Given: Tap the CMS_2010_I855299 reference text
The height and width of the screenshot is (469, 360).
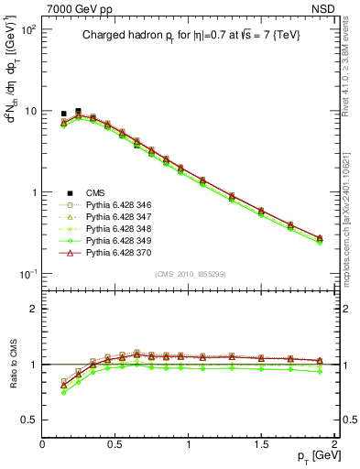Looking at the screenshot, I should [191, 275].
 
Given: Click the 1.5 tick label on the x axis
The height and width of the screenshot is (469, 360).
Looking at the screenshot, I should [261, 443].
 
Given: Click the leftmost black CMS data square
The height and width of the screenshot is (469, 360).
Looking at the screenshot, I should [63, 114].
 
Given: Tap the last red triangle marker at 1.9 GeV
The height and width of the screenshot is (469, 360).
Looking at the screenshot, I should [320, 238].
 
